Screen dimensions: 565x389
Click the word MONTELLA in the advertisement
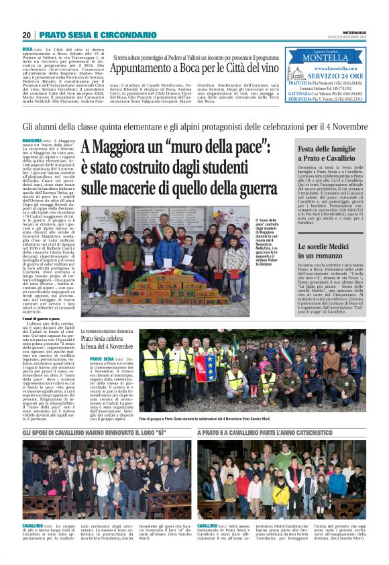pos(325,58)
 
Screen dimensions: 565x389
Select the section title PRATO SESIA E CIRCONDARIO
pos(88,35)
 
